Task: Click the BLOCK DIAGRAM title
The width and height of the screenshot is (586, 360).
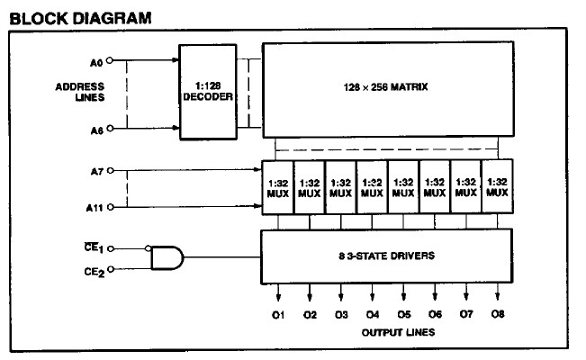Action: point(68,17)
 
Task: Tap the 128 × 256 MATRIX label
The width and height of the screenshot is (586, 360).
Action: point(384,87)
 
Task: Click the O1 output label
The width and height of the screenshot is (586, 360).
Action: point(278,314)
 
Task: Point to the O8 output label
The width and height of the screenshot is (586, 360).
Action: point(498,314)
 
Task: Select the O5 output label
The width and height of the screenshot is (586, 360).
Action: point(403,314)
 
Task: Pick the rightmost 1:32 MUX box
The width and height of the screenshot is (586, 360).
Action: point(497,185)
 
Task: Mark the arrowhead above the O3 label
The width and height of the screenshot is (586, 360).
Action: point(341,299)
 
